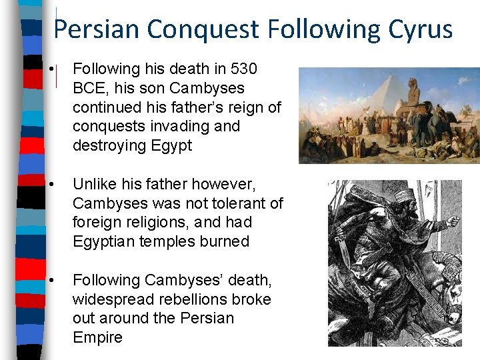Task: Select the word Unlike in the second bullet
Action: point(93,183)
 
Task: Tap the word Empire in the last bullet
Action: point(97,337)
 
